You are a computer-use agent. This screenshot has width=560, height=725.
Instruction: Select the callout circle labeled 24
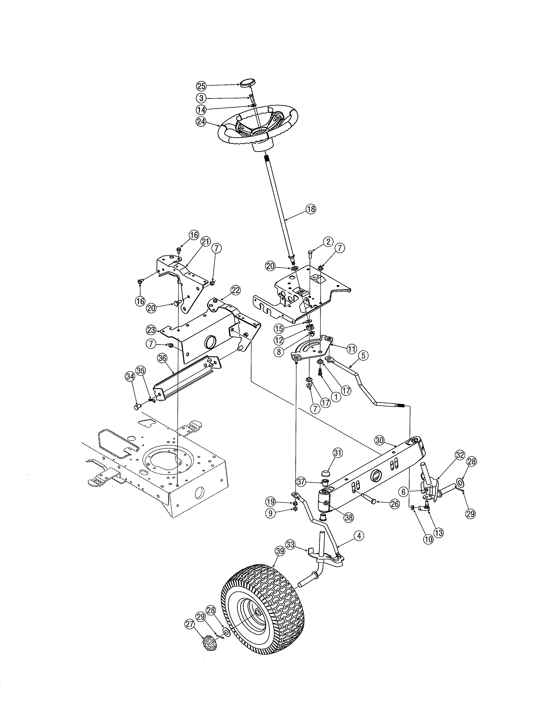201,122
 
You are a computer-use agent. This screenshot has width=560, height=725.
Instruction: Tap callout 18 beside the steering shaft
311,209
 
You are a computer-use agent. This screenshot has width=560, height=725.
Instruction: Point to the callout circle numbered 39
280,551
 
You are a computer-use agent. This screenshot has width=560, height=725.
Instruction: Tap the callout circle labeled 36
162,358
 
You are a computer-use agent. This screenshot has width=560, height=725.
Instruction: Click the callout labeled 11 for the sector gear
351,349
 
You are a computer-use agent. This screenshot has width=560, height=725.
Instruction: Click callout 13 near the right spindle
438,533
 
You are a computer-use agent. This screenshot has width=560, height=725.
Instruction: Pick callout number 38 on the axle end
349,517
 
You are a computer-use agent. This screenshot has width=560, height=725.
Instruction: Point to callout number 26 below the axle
394,505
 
